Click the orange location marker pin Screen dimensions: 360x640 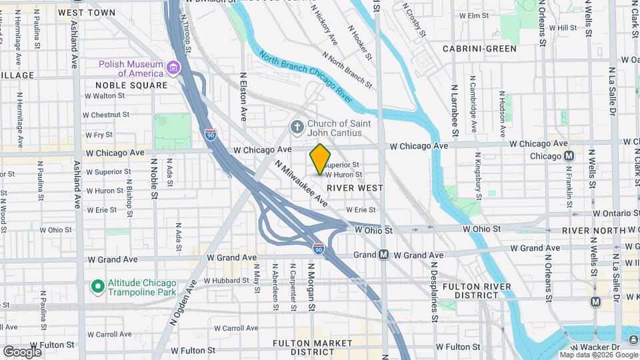point(320,159)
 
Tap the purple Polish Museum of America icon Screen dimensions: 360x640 point(173,68)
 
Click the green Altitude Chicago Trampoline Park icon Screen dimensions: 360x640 point(97,287)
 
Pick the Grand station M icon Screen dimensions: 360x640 point(384,255)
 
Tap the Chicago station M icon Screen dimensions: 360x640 point(569,156)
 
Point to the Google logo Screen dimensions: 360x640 point(22,351)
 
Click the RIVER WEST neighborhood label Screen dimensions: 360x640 point(355,188)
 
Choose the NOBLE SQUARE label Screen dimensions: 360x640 point(131,85)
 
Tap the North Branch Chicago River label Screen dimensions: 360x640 point(305,77)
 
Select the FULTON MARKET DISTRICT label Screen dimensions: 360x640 point(312,347)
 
